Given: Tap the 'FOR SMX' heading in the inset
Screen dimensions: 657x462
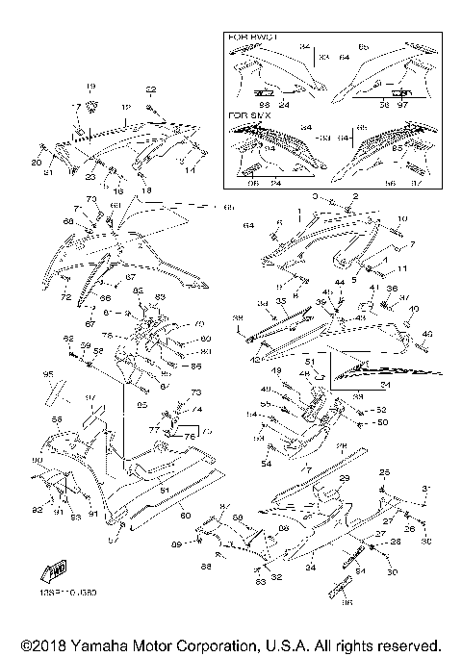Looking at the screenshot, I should click(x=246, y=114).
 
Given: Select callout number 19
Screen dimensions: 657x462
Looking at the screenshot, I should click(x=91, y=87).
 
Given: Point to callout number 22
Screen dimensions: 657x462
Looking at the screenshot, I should click(x=150, y=89).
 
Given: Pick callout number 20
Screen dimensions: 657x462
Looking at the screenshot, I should click(x=38, y=164).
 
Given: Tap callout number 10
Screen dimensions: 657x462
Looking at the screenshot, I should click(x=402, y=218).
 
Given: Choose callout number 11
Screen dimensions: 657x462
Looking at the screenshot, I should click(x=403, y=268).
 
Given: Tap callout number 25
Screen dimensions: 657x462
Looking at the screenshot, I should click(x=385, y=472).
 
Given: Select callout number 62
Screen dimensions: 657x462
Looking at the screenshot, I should click(x=68, y=339).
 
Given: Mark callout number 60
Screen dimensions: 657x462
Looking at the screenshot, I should click(x=185, y=517).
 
